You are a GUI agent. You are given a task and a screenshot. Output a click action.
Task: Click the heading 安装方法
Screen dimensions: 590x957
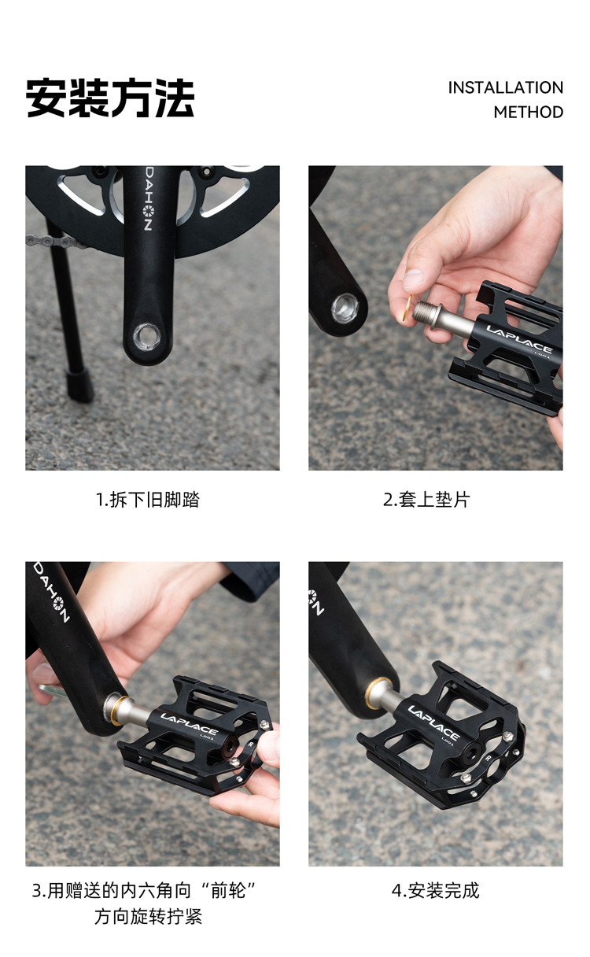110,98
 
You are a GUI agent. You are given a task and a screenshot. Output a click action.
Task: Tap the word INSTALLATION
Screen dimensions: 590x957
506,87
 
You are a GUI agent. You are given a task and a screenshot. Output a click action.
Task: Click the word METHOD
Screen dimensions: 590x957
529,113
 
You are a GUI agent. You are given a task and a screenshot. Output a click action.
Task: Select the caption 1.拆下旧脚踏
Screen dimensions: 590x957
148,500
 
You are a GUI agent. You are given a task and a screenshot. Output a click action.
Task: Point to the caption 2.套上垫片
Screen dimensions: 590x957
426,500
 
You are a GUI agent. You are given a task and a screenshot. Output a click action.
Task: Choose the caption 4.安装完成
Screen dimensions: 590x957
436,891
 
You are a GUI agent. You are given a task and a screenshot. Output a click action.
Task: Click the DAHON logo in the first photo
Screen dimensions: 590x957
148,205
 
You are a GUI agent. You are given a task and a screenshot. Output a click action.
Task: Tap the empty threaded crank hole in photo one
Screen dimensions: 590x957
146,336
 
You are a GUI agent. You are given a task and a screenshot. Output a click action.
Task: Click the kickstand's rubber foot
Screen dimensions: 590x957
79,386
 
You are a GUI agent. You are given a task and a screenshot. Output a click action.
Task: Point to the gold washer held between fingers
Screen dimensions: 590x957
407,308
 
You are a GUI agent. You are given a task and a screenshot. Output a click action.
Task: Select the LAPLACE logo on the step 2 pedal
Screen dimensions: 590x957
519,338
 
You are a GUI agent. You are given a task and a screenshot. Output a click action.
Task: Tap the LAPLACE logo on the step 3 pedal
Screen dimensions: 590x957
190,722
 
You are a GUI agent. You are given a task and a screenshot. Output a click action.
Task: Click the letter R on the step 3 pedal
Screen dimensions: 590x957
251,744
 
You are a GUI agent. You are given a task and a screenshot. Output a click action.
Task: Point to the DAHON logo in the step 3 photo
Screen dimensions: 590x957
51,592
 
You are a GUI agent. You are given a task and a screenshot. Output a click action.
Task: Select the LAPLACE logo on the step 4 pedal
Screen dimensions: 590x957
433,723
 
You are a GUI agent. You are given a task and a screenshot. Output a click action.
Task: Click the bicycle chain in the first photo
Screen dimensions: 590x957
56,242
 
